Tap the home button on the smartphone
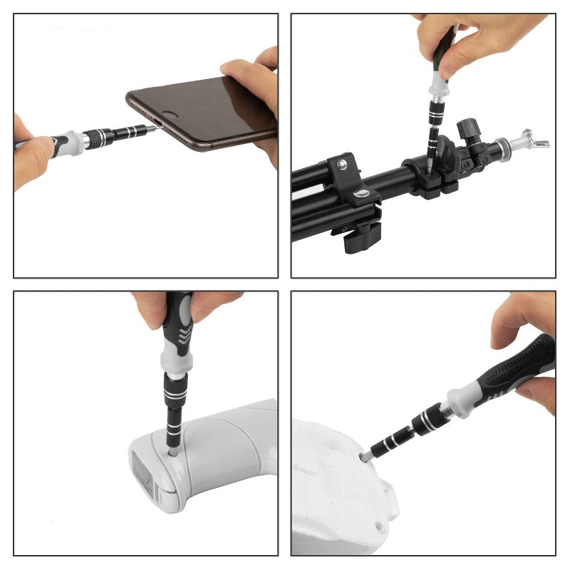[170, 113]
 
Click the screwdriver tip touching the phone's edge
[151, 129]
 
